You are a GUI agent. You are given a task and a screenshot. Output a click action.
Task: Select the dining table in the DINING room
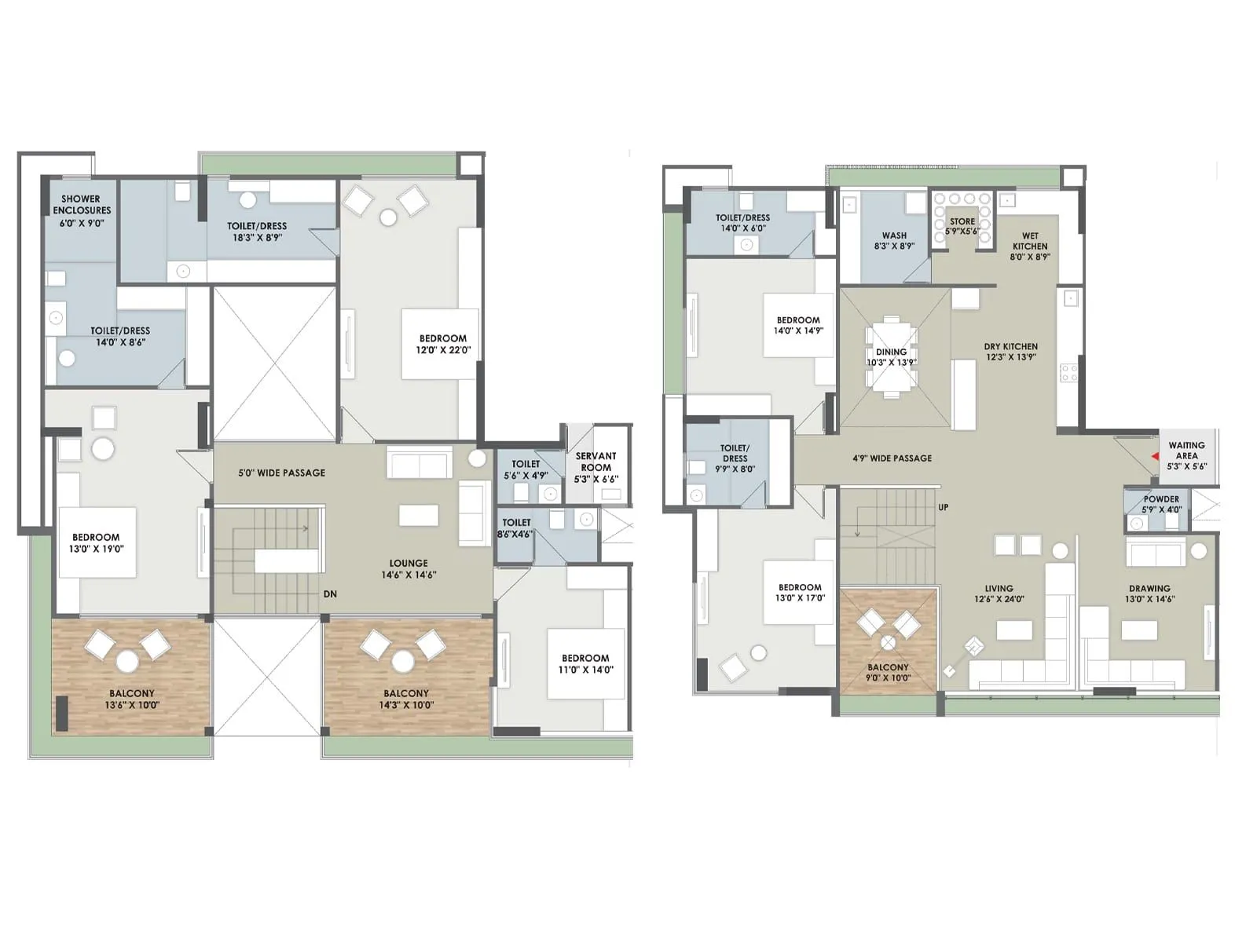click(892, 358)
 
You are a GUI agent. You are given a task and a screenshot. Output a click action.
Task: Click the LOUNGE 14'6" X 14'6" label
click(409, 569)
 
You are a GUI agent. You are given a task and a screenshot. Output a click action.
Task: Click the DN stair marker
click(330, 594)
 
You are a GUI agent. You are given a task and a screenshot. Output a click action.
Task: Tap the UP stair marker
click(943, 507)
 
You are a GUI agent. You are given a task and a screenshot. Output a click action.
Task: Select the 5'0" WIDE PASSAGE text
click(282, 473)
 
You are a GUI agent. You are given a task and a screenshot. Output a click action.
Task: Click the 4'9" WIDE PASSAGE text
click(892, 458)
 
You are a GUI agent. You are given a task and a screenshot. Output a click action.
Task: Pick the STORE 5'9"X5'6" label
click(962, 226)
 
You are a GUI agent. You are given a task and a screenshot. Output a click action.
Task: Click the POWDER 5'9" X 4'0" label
click(1161, 504)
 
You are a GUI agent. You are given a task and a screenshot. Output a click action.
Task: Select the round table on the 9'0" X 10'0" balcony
click(888, 643)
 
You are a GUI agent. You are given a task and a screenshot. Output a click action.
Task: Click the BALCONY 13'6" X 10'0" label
click(132, 699)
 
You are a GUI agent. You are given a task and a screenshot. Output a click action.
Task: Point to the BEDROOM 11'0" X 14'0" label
click(585, 664)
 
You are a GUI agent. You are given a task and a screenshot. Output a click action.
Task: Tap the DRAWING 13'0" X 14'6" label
click(1149, 593)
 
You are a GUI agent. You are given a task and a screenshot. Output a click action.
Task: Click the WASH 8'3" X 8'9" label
click(894, 240)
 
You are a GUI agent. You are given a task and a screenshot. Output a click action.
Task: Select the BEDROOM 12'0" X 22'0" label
click(443, 344)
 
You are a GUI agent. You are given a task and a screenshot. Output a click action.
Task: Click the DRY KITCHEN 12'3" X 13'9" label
click(1011, 351)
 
